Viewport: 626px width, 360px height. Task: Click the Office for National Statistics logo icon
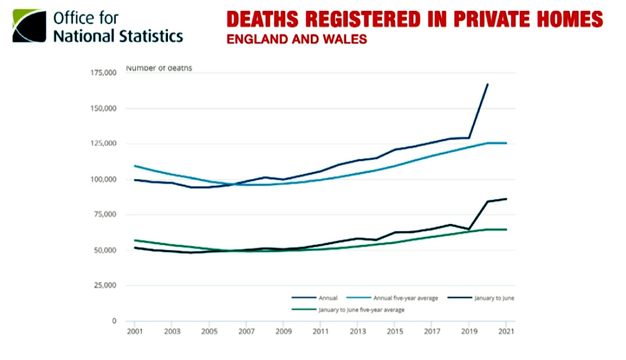pyautogui.click(x=28, y=26)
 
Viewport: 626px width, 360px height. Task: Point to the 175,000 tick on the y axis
pyautogui.click(x=105, y=73)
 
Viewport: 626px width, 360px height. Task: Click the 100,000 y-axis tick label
pyautogui.click(x=105, y=179)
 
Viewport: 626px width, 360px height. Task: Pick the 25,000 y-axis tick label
pyautogui.click(x=106, y=286)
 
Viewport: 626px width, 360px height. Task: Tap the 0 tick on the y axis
pyautogui.click(x=115, y=321)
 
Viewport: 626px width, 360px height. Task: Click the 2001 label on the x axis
pyautogui.click(x=134, y=332)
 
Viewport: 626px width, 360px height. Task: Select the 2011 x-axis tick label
pyautogui.click(x=320, y=332)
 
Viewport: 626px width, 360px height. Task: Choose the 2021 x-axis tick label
pyautogui.click(x=506, y=332)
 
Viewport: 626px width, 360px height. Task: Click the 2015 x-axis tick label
pyautogui.click(x=395, y=332)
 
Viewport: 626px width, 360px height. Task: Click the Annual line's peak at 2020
pyautogui.click(x=488, y=84)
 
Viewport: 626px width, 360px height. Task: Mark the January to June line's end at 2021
pyautogui.click(x=506, y=199)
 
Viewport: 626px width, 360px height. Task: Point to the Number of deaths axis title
pyautogui.click(x=159, y=68)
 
